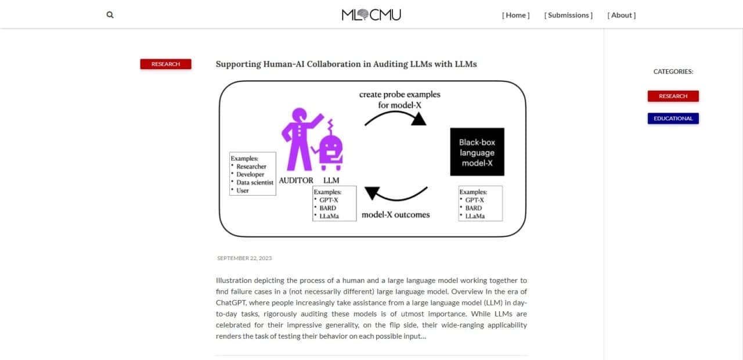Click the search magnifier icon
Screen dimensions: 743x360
(110, 15)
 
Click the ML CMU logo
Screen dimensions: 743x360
(371, 15)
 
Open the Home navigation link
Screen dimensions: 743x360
(516, 15)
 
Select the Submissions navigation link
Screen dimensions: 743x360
(568, 15)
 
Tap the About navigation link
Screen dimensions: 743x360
(622, 15)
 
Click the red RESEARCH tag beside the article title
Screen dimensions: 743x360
(165, 64)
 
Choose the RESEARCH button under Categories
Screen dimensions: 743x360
(673, 96)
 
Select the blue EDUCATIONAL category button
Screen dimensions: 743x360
(673, 118)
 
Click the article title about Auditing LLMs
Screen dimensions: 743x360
(347, 64)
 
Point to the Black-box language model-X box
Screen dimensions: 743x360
(477, 152)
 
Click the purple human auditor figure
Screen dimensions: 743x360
(300, 139)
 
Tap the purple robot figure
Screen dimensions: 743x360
(330, 146)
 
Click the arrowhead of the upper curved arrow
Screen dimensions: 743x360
(419, 119)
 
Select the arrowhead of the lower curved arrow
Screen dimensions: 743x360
(372, 193)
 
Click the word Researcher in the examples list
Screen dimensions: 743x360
(251, 167)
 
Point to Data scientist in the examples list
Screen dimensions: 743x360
(255, 182)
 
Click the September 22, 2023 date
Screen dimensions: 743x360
(244, 258)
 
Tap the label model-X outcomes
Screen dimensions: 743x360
(395, 215)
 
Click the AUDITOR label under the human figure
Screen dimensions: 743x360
(296, 181)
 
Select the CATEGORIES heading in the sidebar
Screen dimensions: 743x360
(673, 71)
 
